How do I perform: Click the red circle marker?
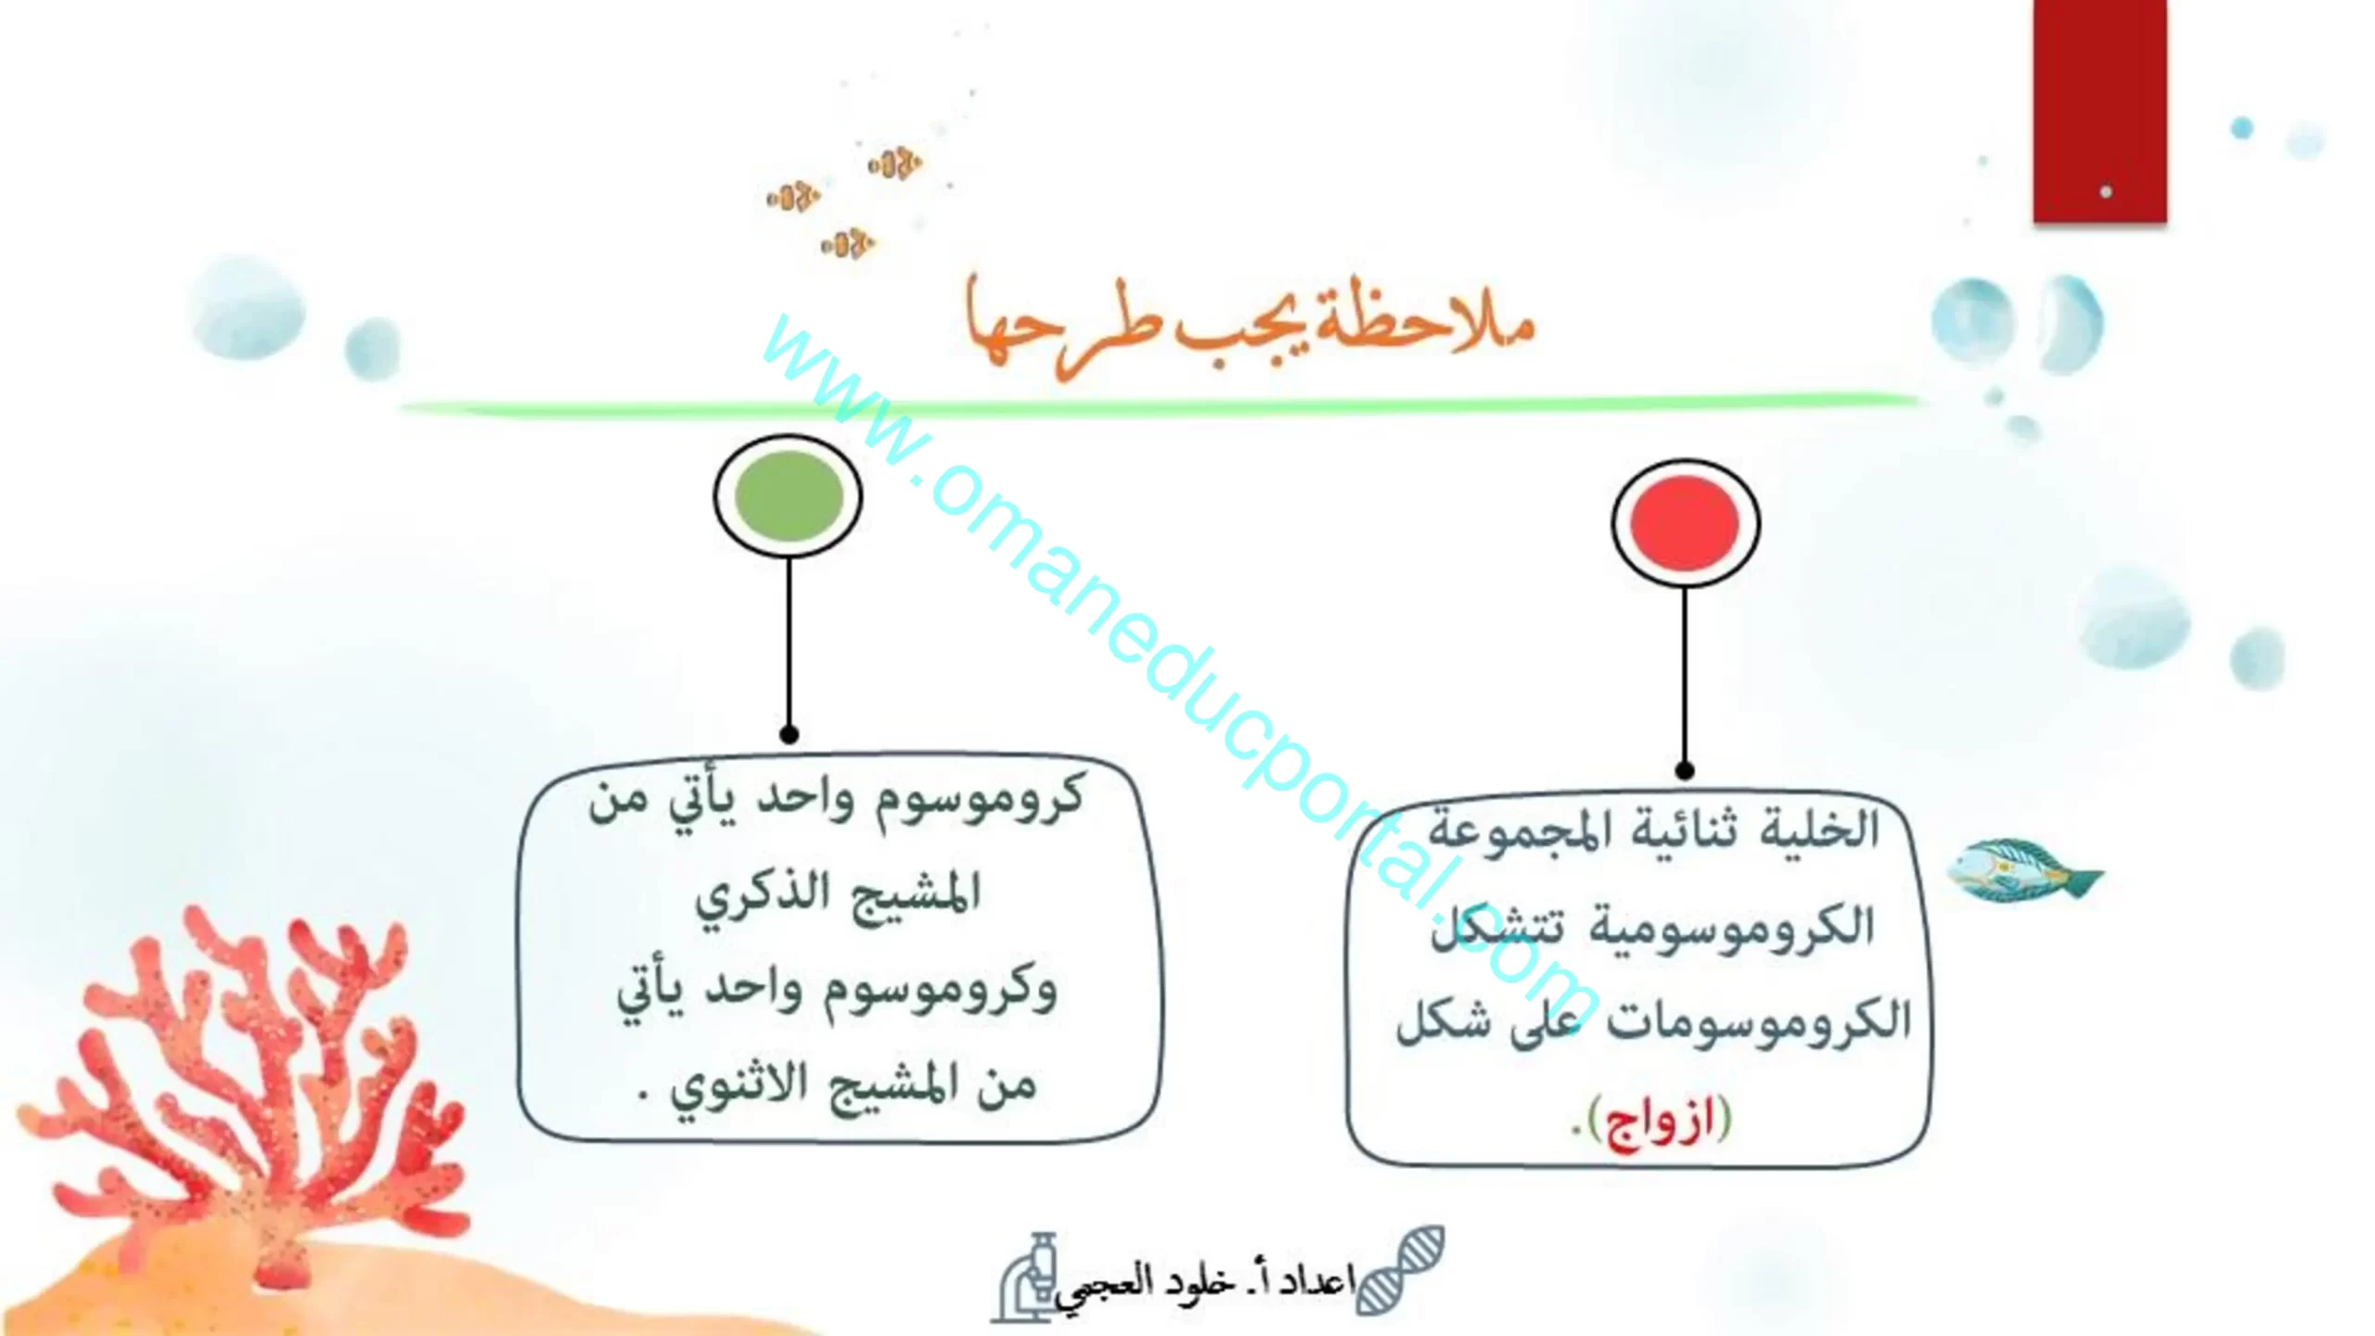click(1685, 523)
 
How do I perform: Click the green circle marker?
click(788, 495)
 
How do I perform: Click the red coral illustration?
click(241, 1085)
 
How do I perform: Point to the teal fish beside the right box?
click(2022, 870)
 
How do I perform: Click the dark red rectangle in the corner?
click(2099, 111)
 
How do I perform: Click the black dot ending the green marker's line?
click(789, 735)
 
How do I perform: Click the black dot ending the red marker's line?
click(1685, 770)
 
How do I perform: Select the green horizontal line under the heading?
click(1160, 405)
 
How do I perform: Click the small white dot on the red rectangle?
click(2106, 192)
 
